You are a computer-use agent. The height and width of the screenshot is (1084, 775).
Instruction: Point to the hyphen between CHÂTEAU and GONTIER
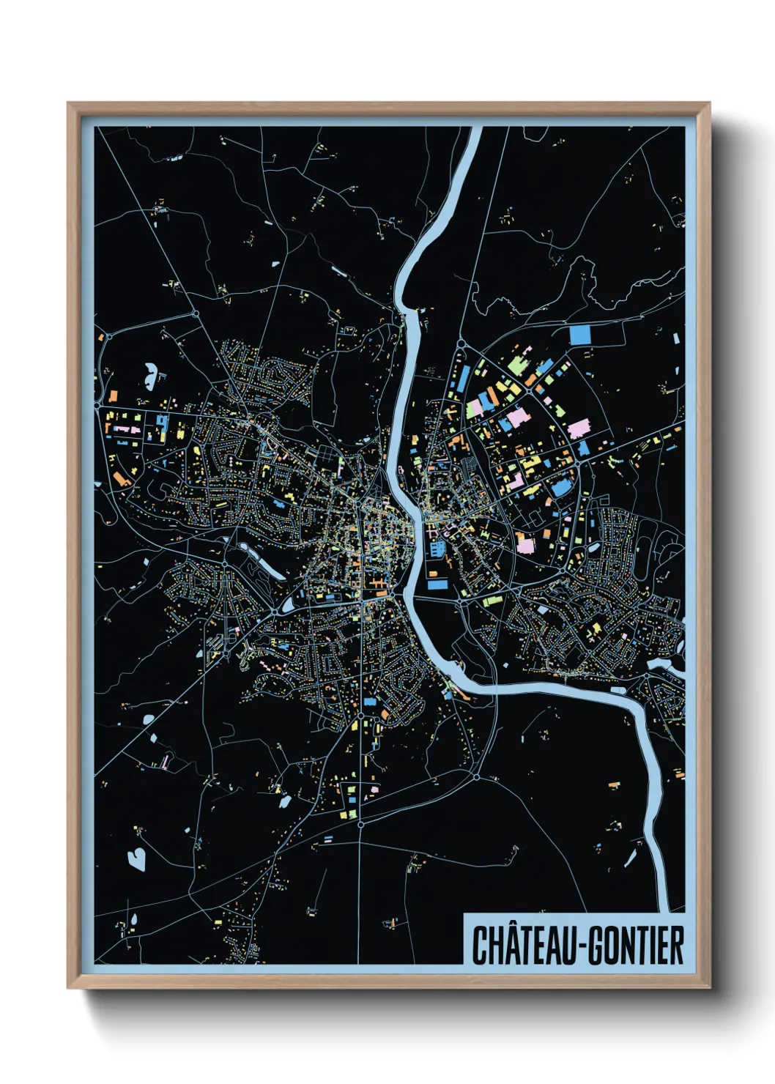582,946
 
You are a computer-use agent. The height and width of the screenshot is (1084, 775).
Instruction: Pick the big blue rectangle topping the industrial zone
579,335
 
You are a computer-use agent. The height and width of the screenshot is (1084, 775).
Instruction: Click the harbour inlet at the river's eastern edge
663,664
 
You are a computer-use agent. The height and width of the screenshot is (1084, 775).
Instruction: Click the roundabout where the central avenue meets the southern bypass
360,825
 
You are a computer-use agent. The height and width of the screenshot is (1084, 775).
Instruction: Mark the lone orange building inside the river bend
613,785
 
